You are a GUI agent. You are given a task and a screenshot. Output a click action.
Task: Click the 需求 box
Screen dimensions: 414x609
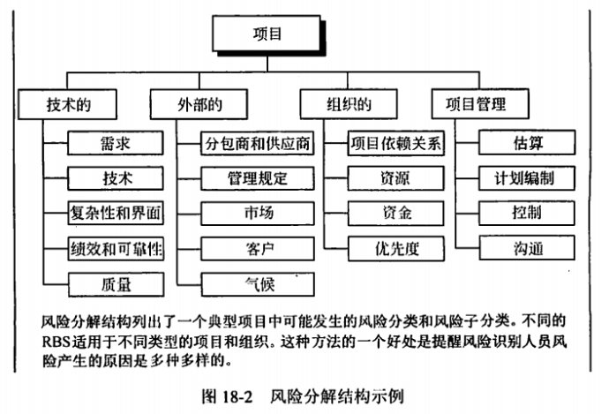pos(116,142)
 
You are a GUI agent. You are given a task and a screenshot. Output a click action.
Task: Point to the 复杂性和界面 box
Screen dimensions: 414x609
pos(116,213)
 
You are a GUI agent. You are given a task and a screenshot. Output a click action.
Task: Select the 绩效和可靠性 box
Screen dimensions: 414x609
pos(116,248)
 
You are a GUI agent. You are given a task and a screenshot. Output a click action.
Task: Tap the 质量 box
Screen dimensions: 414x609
pos(116,283)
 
